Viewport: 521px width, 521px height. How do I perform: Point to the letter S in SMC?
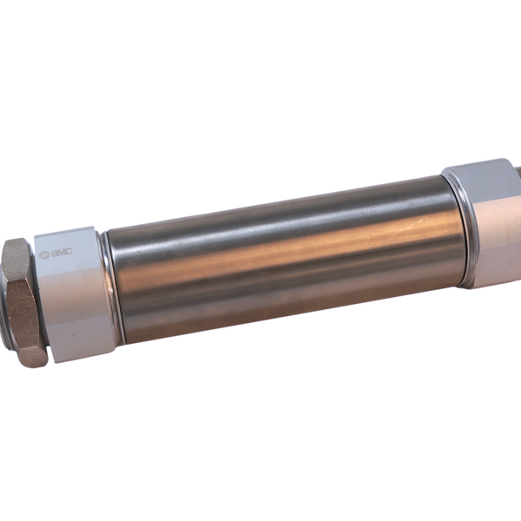54,254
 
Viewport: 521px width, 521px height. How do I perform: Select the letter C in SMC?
69,252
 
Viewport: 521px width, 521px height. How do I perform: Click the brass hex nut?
24,302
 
